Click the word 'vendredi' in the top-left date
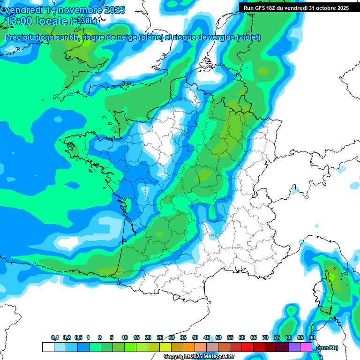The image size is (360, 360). click(x=23, y=10)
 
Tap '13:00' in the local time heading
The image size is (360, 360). click(x=18, y=21)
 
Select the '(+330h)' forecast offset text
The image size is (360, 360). click(x=83, y=21)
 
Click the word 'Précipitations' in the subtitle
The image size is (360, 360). click(x=31, y=37)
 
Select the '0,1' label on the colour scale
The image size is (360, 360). click(x=55, y=338)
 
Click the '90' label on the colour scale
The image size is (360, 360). click(x=312, y=338)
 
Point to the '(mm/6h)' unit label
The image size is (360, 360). click(x=327, y=348)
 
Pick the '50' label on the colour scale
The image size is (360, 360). click(x=218, y=338)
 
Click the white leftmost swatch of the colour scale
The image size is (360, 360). click(x=48, y=347)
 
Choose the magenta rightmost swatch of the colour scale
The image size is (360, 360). click(x=306, y=347)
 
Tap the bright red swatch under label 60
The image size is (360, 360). click(x=247, y=347)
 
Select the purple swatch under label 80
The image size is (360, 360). click(x=294, y=347)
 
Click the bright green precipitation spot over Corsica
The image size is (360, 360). click(x=332, y=277)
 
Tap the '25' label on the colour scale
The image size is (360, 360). click(x=160, y=338)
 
